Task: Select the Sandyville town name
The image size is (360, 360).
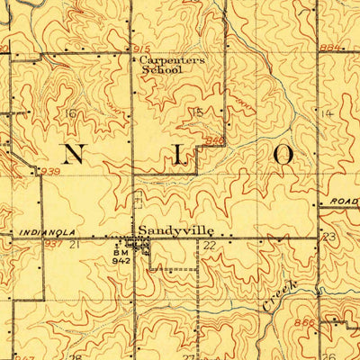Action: tap(169, 229)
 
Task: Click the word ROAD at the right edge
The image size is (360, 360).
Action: tap(343, 202)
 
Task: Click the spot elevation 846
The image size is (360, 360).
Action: tap(213, 140)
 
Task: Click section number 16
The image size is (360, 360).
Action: tap(71, 112)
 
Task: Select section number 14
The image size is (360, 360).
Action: tap(326, 114)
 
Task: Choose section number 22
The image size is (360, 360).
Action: tap(209, 245)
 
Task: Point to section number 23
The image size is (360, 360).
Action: tap(328, 237)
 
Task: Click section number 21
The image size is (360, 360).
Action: tap(75, 244)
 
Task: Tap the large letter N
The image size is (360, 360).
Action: tap(76, 155)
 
